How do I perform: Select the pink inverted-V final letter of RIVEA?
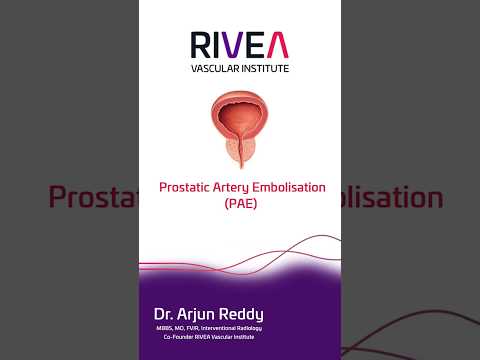[x=279, y=45]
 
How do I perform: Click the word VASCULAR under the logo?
[x=213, y=68]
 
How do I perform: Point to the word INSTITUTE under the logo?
[x=263, y=68]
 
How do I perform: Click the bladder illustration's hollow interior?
[x=239, y=112]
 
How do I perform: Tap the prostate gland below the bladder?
[x=239, y=149]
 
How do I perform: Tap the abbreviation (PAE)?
[x=240, y=203]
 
